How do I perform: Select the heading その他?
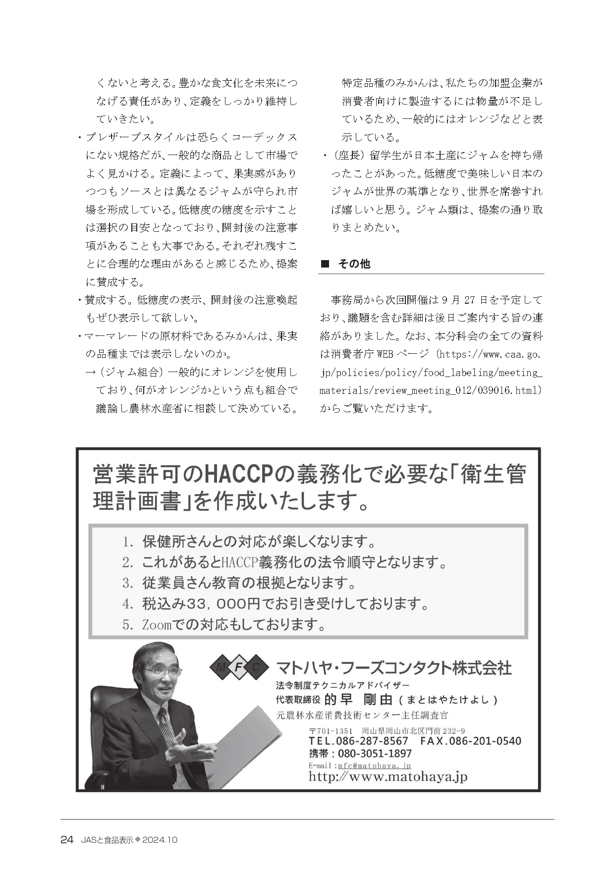point(354,264)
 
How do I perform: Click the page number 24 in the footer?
point(67,840)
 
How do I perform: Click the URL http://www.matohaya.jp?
point(388,776)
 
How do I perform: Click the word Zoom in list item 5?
point(156,625)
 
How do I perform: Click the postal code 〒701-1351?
point(330,731)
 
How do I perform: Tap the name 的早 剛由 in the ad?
point(358,699)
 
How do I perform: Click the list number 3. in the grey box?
point(128,583)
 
